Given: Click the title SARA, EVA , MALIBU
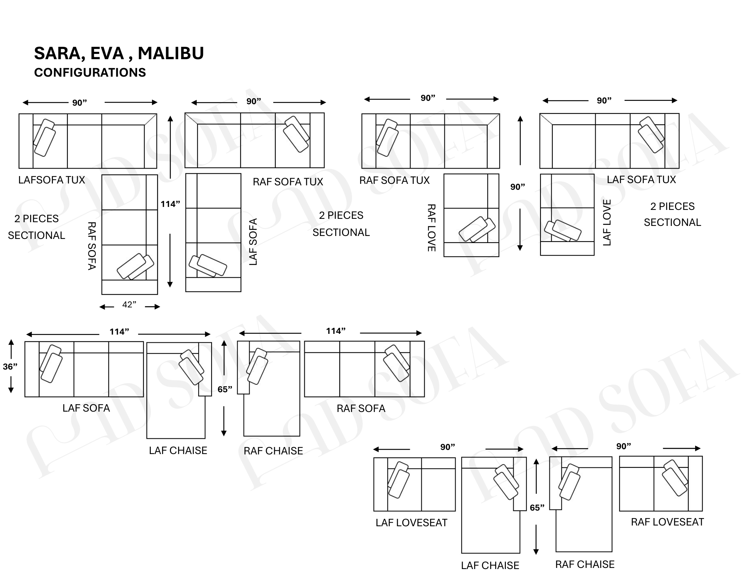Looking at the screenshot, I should coord(119,53).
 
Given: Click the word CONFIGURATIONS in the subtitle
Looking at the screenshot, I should coord(90,73).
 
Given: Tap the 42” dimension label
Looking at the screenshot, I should coord(129,305).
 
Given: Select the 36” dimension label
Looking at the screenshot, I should coord(10,367).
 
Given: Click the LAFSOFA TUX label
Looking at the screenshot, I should coord(52,180).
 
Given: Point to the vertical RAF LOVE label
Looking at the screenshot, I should coord(431,228).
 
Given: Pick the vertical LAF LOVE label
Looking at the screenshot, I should coord(607,223).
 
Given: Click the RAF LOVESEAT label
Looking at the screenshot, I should coord(667,522).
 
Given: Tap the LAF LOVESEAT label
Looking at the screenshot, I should coord(411,523).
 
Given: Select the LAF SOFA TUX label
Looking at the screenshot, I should coord(641,180).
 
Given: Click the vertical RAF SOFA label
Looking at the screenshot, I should coord(92,246).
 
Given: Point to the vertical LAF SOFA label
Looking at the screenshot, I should coord(253,242).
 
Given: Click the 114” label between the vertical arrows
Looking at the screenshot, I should coord(170,204).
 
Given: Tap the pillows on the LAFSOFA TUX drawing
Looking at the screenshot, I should coord(44,138).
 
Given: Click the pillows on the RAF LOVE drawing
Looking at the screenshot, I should coord(477,229).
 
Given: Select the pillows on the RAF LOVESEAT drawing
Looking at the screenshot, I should coord(675,478).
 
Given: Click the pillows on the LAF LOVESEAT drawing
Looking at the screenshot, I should coord(398,480).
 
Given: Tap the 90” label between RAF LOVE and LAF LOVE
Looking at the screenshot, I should coord(517,187).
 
